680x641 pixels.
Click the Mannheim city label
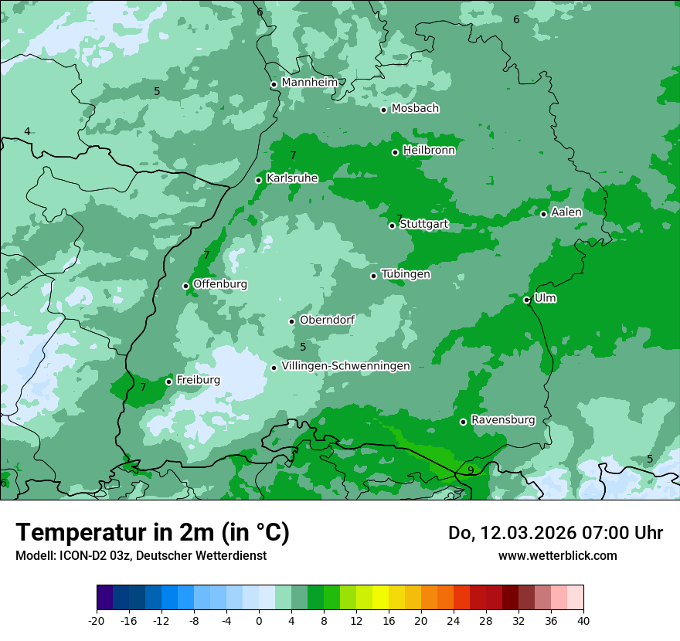(310, 83)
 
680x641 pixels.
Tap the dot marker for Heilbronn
(395, 152)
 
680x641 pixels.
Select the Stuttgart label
(423, 225)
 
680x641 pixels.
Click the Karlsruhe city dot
(258, 180)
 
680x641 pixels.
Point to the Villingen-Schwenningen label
(345, 366)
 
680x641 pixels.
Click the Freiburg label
(198, 380)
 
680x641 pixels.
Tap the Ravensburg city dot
(463, 422)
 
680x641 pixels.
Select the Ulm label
(545, 298)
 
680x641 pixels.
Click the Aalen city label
(566, 212)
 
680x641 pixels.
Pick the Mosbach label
(415, 109)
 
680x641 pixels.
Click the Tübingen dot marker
(373, 276)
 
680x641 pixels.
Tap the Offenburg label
(220, 284)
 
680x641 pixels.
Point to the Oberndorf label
(327, 320)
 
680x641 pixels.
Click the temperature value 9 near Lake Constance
(471, 470)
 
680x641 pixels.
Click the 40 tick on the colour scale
(583, 619)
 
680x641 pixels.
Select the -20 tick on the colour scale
(97, 619)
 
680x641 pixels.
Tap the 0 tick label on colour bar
(259, 619)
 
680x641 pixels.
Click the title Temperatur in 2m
(152, 533)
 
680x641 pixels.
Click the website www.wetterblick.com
(557, 555)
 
